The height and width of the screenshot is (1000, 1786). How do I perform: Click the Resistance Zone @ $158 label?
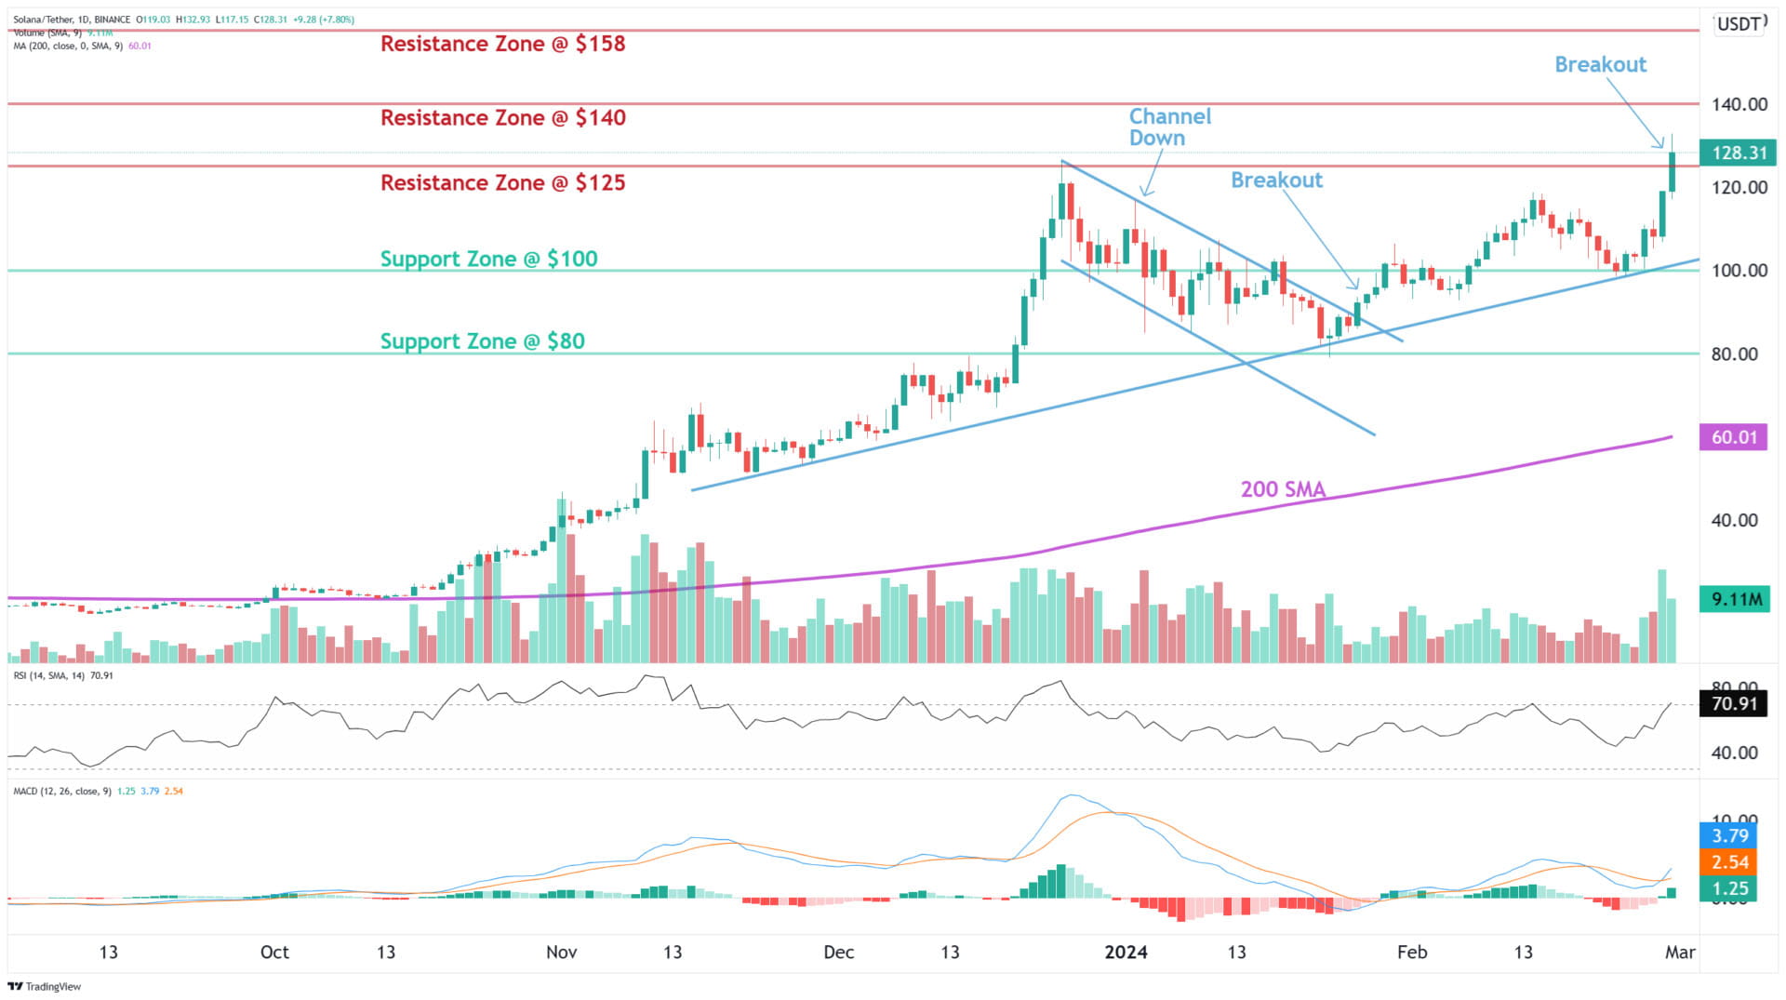coord(502,44)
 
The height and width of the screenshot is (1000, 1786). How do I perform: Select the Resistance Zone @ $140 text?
coord(502,118)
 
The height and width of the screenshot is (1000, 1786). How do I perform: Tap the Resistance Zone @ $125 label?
coord(502,182)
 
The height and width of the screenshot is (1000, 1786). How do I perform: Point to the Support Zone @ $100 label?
coord(488,259)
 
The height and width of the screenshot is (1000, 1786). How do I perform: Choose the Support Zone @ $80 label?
coord(482,341)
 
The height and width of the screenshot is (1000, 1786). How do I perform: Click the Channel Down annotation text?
coord(1169,127)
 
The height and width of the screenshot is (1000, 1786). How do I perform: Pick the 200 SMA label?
coord(1283,489)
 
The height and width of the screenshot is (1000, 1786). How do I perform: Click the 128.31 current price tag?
coord(1737,153)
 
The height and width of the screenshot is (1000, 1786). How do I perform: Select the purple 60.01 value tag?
coord(1733,437)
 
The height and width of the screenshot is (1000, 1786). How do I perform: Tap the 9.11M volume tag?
coord(1735,599)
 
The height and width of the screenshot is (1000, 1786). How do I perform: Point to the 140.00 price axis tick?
coord(1739,104)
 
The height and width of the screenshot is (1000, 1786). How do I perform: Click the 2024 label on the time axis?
coord(1125,952)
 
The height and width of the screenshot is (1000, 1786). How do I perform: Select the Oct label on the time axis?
coord(274,952)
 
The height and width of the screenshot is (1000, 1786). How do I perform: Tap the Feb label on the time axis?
coord(1411,952)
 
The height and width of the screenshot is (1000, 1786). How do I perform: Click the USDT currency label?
coord(1739,24)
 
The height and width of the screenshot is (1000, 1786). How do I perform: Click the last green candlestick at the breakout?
coord(1673,172)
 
